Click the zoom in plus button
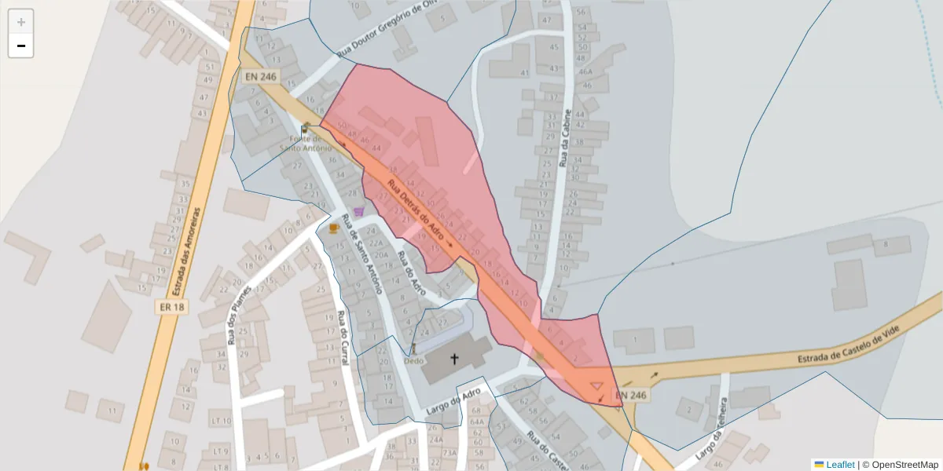coord(21,22)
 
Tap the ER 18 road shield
coord(171,307)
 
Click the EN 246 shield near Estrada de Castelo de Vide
coord(631,396)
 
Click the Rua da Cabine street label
coord(563,138)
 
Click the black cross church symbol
coord(454,360)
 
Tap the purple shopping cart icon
coord(359,211)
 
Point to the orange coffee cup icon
coord(333,228)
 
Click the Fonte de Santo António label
coord(306,143)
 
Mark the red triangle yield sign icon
coord(596,386)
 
